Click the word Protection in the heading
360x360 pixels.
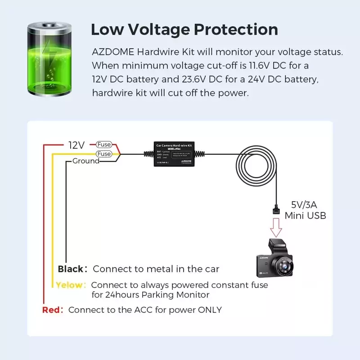(x=236, y=30)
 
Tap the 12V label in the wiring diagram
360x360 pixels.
(x=76, y=145)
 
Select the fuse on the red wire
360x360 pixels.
(x=104, y=145)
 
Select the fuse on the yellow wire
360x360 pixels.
(x=104, y=154)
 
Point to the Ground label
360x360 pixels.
(x=85, y=161)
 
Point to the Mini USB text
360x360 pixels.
(x=305, y=216)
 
